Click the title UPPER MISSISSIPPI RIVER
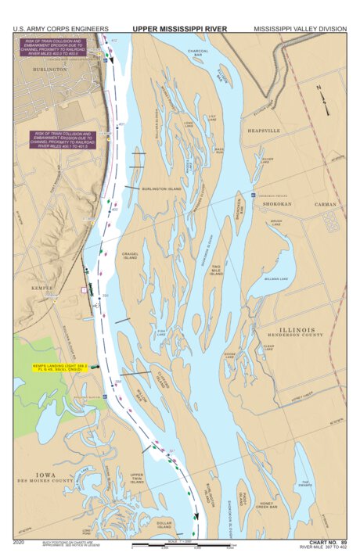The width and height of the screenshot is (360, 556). tap(179, 28)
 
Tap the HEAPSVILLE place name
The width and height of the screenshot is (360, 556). tap(265, 131)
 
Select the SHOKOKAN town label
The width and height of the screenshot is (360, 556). tap(276, 204)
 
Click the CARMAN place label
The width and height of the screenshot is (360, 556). tap(326, 204)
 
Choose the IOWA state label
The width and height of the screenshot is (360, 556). tap(45, 474)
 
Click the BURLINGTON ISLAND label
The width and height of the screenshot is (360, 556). tap(161, 188)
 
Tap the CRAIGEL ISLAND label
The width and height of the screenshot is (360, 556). tap(130, 255)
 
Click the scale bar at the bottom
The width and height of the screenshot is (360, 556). tap(182, 545)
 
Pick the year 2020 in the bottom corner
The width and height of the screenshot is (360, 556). tap(20, 541)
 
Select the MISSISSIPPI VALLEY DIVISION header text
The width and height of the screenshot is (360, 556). tap(300, 28)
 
